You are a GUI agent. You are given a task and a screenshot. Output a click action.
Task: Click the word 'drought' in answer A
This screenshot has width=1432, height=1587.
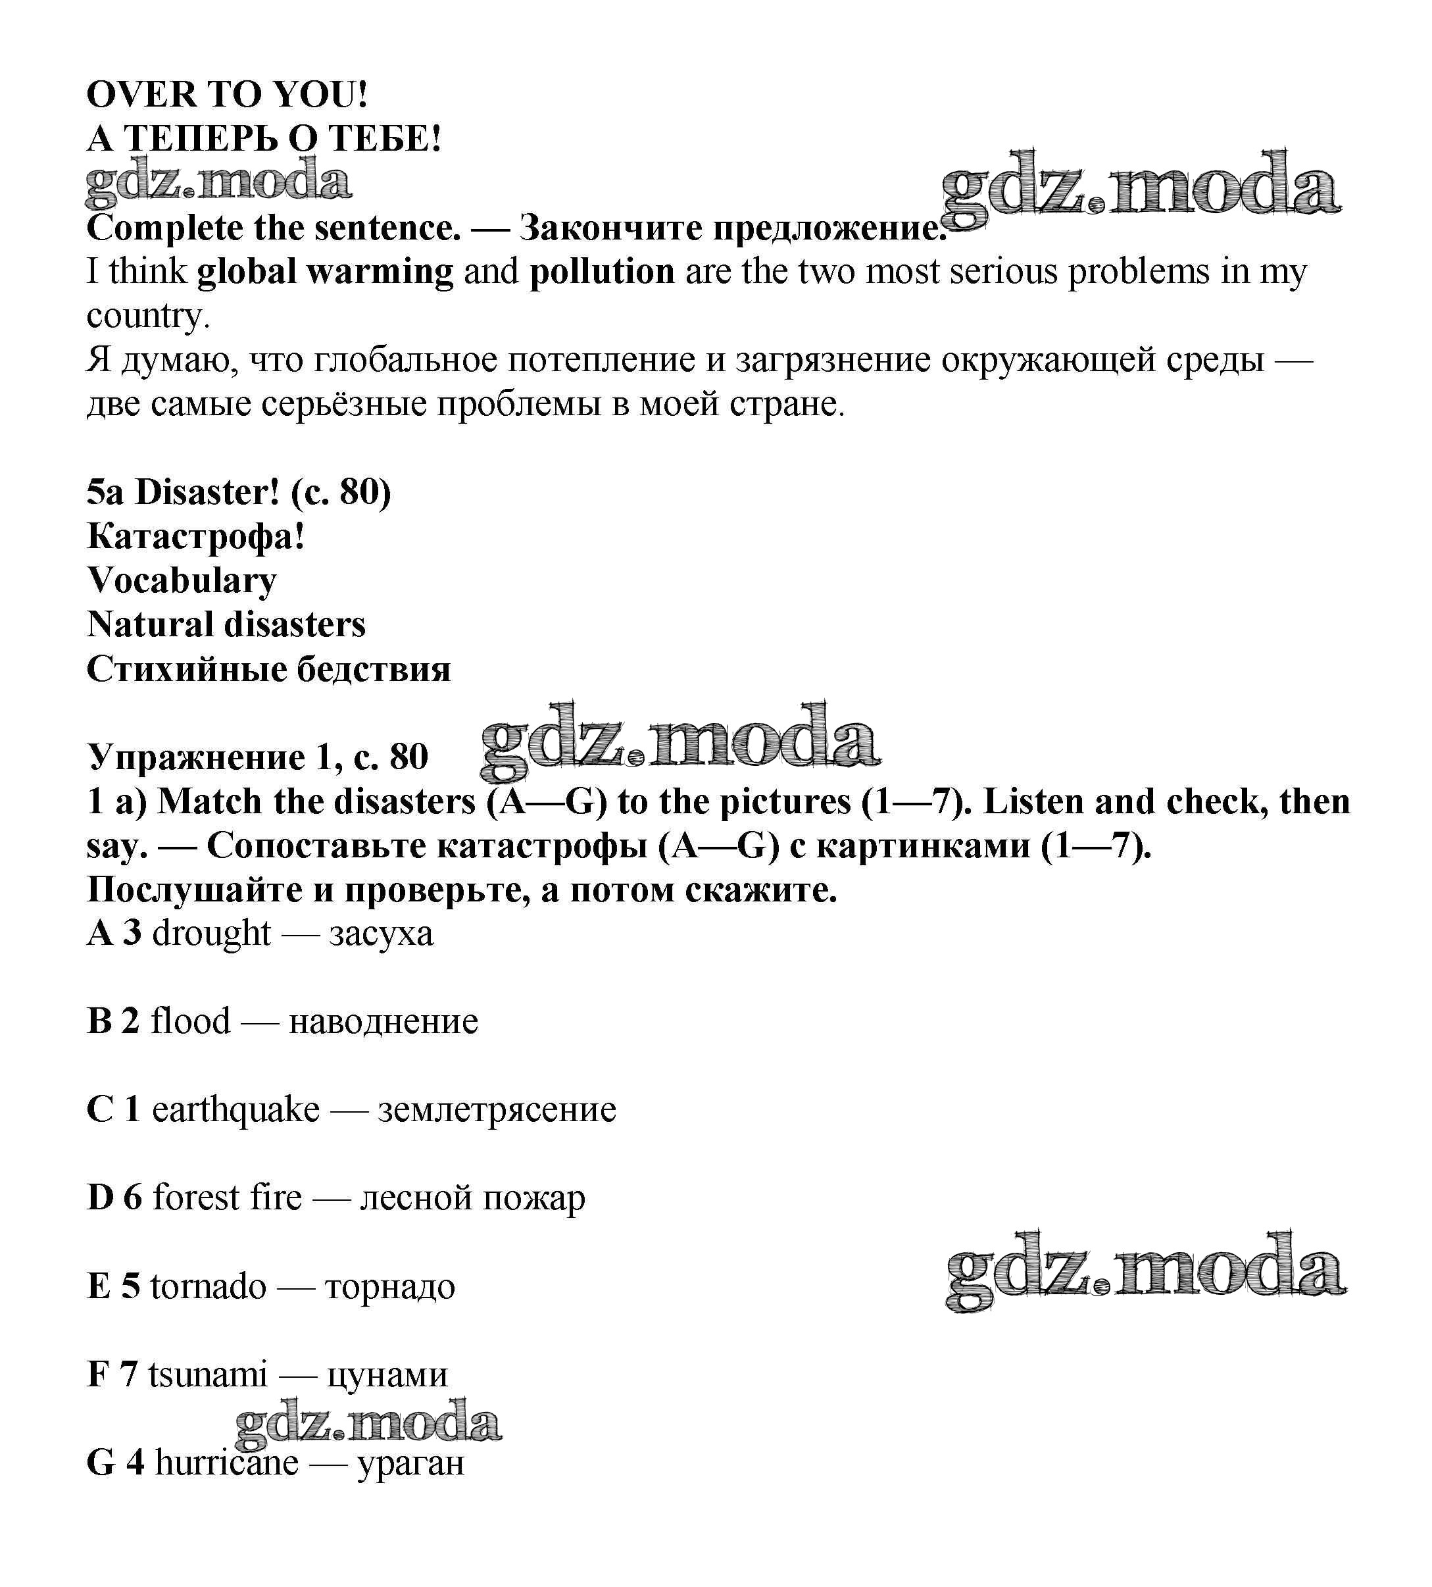point(211,934)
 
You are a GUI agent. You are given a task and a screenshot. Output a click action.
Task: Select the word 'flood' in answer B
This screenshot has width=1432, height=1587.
point(190,1021)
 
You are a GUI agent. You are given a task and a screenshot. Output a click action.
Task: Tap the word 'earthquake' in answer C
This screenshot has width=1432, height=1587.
point(235,1110)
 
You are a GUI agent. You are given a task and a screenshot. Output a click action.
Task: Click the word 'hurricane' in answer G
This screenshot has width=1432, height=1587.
point(226,1463)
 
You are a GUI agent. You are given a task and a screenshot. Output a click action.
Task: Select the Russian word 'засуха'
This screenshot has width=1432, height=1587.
point(381,934)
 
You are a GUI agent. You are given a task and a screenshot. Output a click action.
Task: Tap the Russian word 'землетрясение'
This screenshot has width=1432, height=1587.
point(497,1110)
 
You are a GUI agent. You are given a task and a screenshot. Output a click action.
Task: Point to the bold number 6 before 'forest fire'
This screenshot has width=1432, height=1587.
point(132,1198)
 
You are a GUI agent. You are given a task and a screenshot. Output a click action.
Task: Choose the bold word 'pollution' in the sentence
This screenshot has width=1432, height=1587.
point(602,272)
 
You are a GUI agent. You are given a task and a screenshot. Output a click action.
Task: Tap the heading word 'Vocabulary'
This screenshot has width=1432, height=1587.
point(182,582)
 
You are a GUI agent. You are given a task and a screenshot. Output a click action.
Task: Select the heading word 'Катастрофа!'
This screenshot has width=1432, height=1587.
point(196,538)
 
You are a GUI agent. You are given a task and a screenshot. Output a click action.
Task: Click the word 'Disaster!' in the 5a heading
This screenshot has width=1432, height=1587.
point(207,493)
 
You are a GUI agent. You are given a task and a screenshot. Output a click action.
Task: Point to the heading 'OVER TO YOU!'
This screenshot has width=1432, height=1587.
point(226,95)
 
